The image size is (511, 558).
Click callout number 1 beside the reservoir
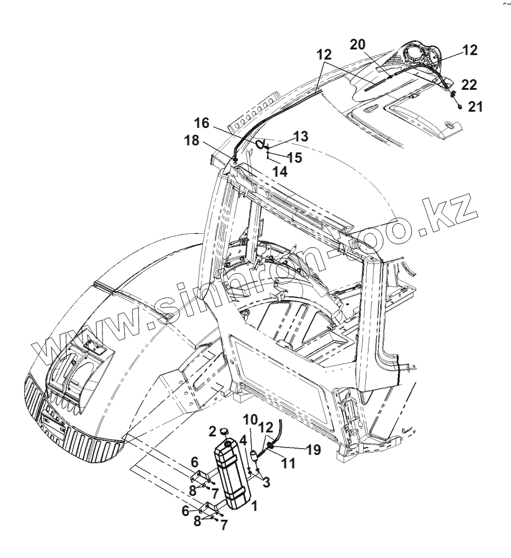pos(255,505)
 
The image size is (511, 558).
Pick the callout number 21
pos(475,107)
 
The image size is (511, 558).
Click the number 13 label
pos(300,136)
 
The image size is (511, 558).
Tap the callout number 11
pos(273,463)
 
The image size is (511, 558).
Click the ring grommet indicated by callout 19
pos(270,445)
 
